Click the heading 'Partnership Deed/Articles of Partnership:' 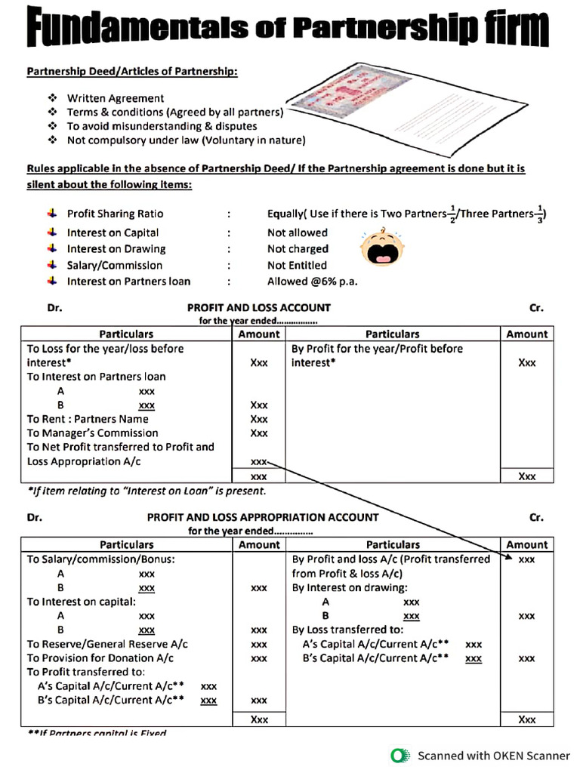pos(132,72)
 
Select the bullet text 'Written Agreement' pos(115,98)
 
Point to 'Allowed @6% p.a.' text pos(312,282)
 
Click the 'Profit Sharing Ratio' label pos(115,214)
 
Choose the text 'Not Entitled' pos(297,265)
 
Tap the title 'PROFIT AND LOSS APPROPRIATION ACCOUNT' pos(262,518)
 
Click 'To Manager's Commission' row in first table pos(93,433)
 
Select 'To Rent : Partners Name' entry pos(88,419)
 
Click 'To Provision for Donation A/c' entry pos(100,658)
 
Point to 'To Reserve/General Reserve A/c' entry pos(107,644)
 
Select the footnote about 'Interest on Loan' pos(147,491)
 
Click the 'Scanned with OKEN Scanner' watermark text pos(494,755)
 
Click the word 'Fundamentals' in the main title pos(128,28)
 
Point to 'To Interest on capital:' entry pos(82,602)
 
